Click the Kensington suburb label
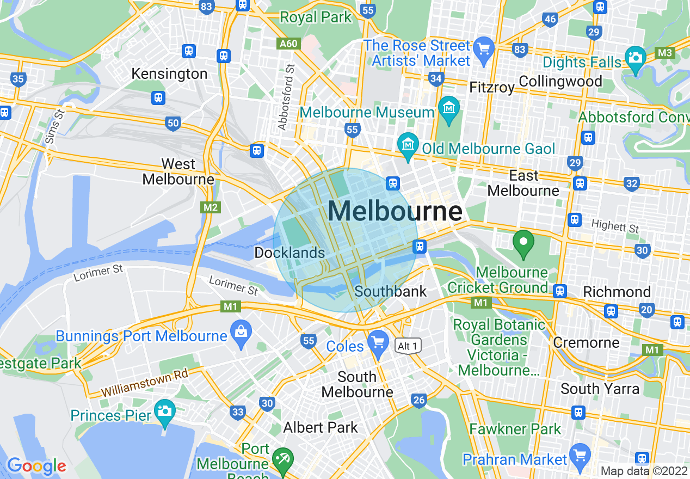tap(169, 74)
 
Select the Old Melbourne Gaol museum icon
tap(408, 144)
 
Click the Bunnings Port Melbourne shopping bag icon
tap(239, 330)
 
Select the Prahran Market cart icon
tap(580, 455)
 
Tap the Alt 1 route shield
tap(408, 346)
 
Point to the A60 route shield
tap(288, 44)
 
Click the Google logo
tap(36, 466)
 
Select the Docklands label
tap(289, 253)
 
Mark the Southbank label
tap(391, 291)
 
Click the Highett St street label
tap(615, 226)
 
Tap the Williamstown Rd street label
tap(145, 383)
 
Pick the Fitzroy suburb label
tap(492, 87)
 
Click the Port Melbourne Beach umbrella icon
tap(282, 457)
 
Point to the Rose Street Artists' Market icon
tap(483, 48)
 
